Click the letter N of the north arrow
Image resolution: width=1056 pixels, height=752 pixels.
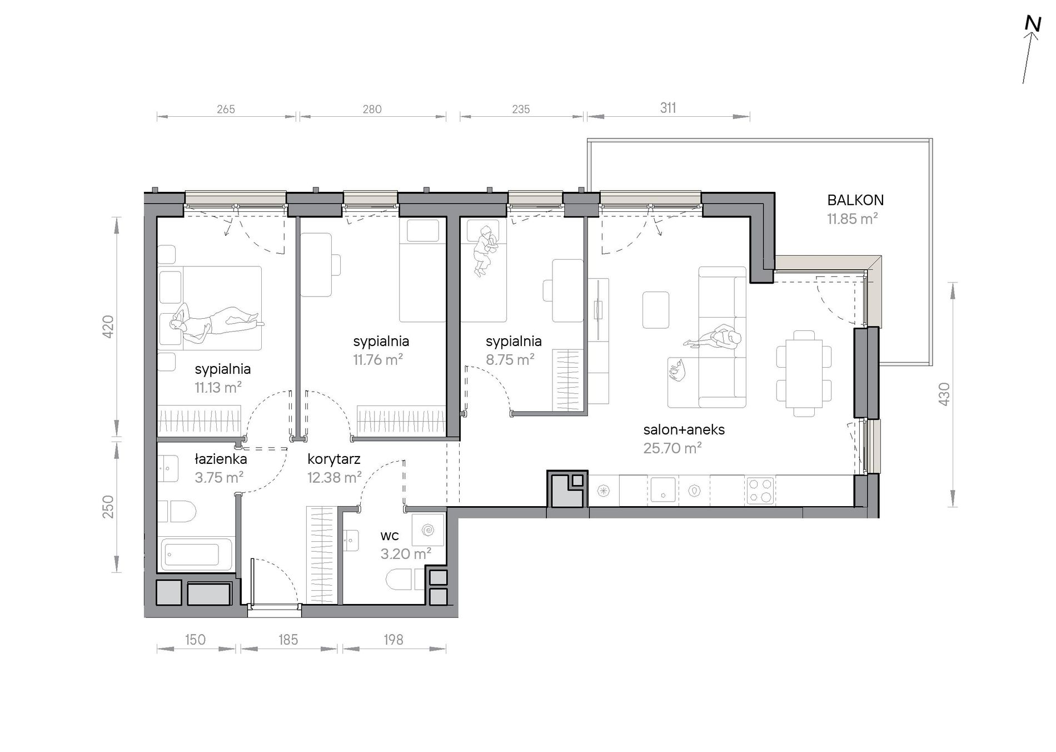click(x=1033, y=24)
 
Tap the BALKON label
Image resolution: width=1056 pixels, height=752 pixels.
click(x=855, y=200)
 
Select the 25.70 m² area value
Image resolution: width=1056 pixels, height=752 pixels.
click(x=673, y=448)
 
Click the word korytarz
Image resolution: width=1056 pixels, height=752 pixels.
click(x=334, y=459)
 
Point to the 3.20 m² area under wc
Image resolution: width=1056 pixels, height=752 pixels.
click(x=406, y=554)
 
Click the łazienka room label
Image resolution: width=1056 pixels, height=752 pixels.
click(x=221, y=459)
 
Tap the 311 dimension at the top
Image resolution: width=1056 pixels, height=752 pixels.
click(x=668, y=108)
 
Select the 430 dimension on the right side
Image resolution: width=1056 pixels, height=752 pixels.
click(x=944, y=394)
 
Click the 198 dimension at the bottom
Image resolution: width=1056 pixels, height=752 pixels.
click(x=393, y=640)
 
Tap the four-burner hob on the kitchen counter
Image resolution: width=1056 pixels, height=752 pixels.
click(x=760, y=491)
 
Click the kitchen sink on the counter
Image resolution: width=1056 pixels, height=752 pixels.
click(x=662, y=490)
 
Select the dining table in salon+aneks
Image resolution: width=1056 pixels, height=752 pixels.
click(x=804, y=374)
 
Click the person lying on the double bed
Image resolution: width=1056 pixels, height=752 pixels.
click(x=217, y=321)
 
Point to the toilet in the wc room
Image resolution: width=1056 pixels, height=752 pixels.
click(x=400, y=579)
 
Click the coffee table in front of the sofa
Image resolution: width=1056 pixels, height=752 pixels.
click(x=656, y=310)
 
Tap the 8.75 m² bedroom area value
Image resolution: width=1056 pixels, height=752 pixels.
click(x=510, y=360)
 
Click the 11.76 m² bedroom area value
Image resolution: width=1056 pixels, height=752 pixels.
click(x=378, y=360)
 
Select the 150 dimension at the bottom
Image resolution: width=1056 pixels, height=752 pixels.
click(x=195, y=640)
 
